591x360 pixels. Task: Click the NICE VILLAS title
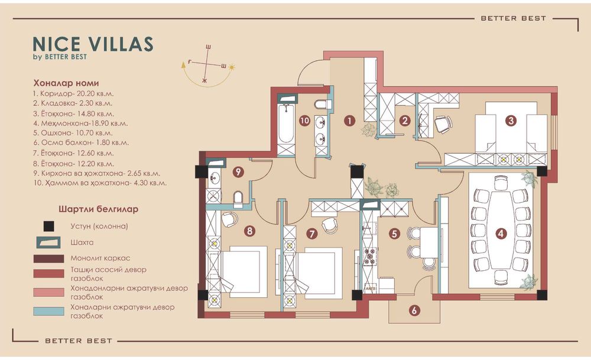pos(93,44)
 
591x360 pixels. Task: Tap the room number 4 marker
pos(500,233)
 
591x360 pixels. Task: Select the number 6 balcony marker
pos(414,310)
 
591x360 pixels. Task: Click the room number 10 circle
pos(304,121)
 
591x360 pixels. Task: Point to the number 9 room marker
pos(238,172)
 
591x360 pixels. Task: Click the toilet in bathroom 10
pos(323,104)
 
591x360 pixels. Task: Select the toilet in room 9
pos(238,199)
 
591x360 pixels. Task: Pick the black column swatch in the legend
pos(48,226)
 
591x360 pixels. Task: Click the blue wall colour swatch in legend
pos(48,311)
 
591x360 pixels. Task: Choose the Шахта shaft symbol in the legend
pos(48,242)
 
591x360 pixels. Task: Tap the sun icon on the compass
pos(232,67)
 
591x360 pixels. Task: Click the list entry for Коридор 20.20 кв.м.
pos(73,93)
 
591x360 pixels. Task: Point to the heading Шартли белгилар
pos(98,209)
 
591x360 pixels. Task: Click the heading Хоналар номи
pos(66,83)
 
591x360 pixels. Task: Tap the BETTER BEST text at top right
pos(514,18)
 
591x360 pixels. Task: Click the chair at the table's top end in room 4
pos(501,183)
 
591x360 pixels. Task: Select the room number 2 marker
pos(405,121)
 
